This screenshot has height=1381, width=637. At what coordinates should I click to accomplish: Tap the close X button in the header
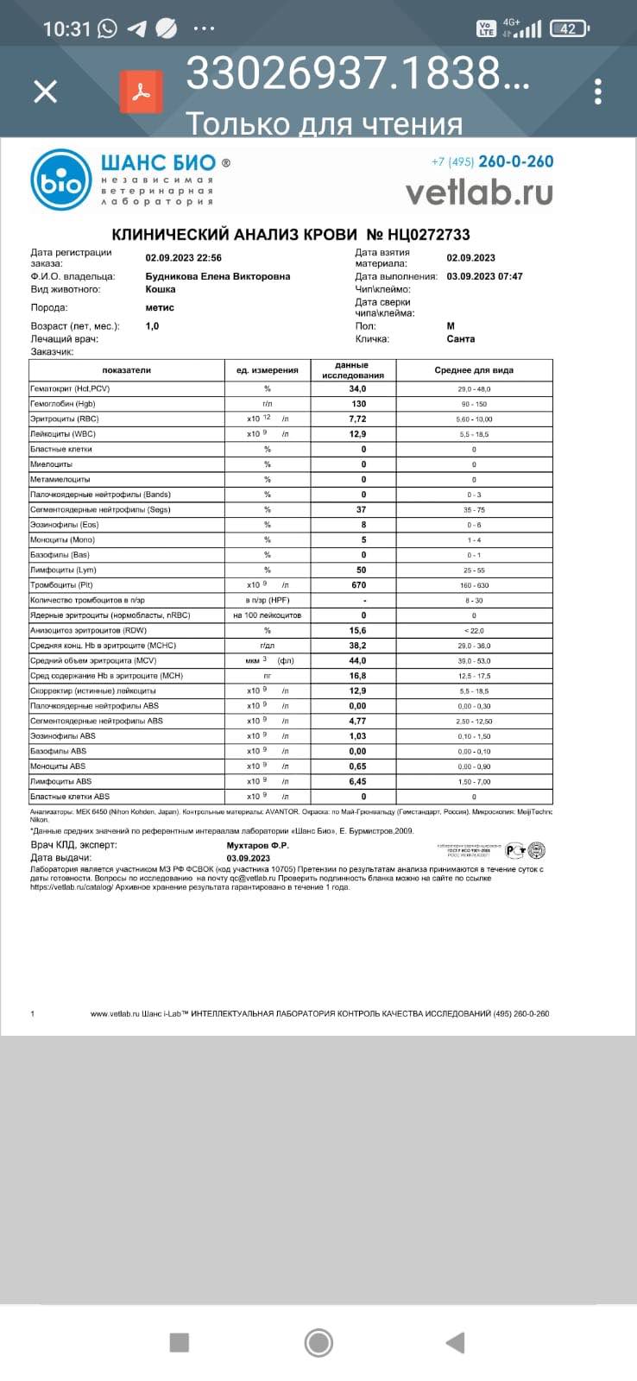[x=45, y=91]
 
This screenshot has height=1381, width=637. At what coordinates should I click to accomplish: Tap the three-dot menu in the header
[x=598, y=91]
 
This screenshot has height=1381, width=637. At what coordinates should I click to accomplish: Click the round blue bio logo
[x=60, y=180]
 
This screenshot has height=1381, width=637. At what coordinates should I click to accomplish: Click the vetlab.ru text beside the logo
[x=479, y=192]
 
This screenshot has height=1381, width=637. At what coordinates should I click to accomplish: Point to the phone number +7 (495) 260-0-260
[x=492, y=161]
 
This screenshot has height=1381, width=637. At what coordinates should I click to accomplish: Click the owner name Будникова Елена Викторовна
[x=218, y=276]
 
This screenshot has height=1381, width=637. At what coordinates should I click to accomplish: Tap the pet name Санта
[x=461, y=339]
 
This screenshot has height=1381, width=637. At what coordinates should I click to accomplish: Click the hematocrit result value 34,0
[x=357, y=389]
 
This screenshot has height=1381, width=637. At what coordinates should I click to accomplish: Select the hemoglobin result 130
[x=358, y=404]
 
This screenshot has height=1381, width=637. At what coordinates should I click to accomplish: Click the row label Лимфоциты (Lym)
[x=63, y=570]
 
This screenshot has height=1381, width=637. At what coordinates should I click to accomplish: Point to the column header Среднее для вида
[x=473, y=370]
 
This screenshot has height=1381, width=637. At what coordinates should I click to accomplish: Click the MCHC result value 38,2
[x=357, y=646]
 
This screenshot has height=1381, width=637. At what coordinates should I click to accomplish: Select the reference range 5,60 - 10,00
[x=474, y=419]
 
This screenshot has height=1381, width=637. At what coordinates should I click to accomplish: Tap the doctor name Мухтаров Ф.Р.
[x=258, y=845]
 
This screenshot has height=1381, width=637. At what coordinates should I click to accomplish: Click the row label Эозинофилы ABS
[x=63, y=736]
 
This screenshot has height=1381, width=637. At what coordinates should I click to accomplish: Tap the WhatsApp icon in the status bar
[x=107, y=28]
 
